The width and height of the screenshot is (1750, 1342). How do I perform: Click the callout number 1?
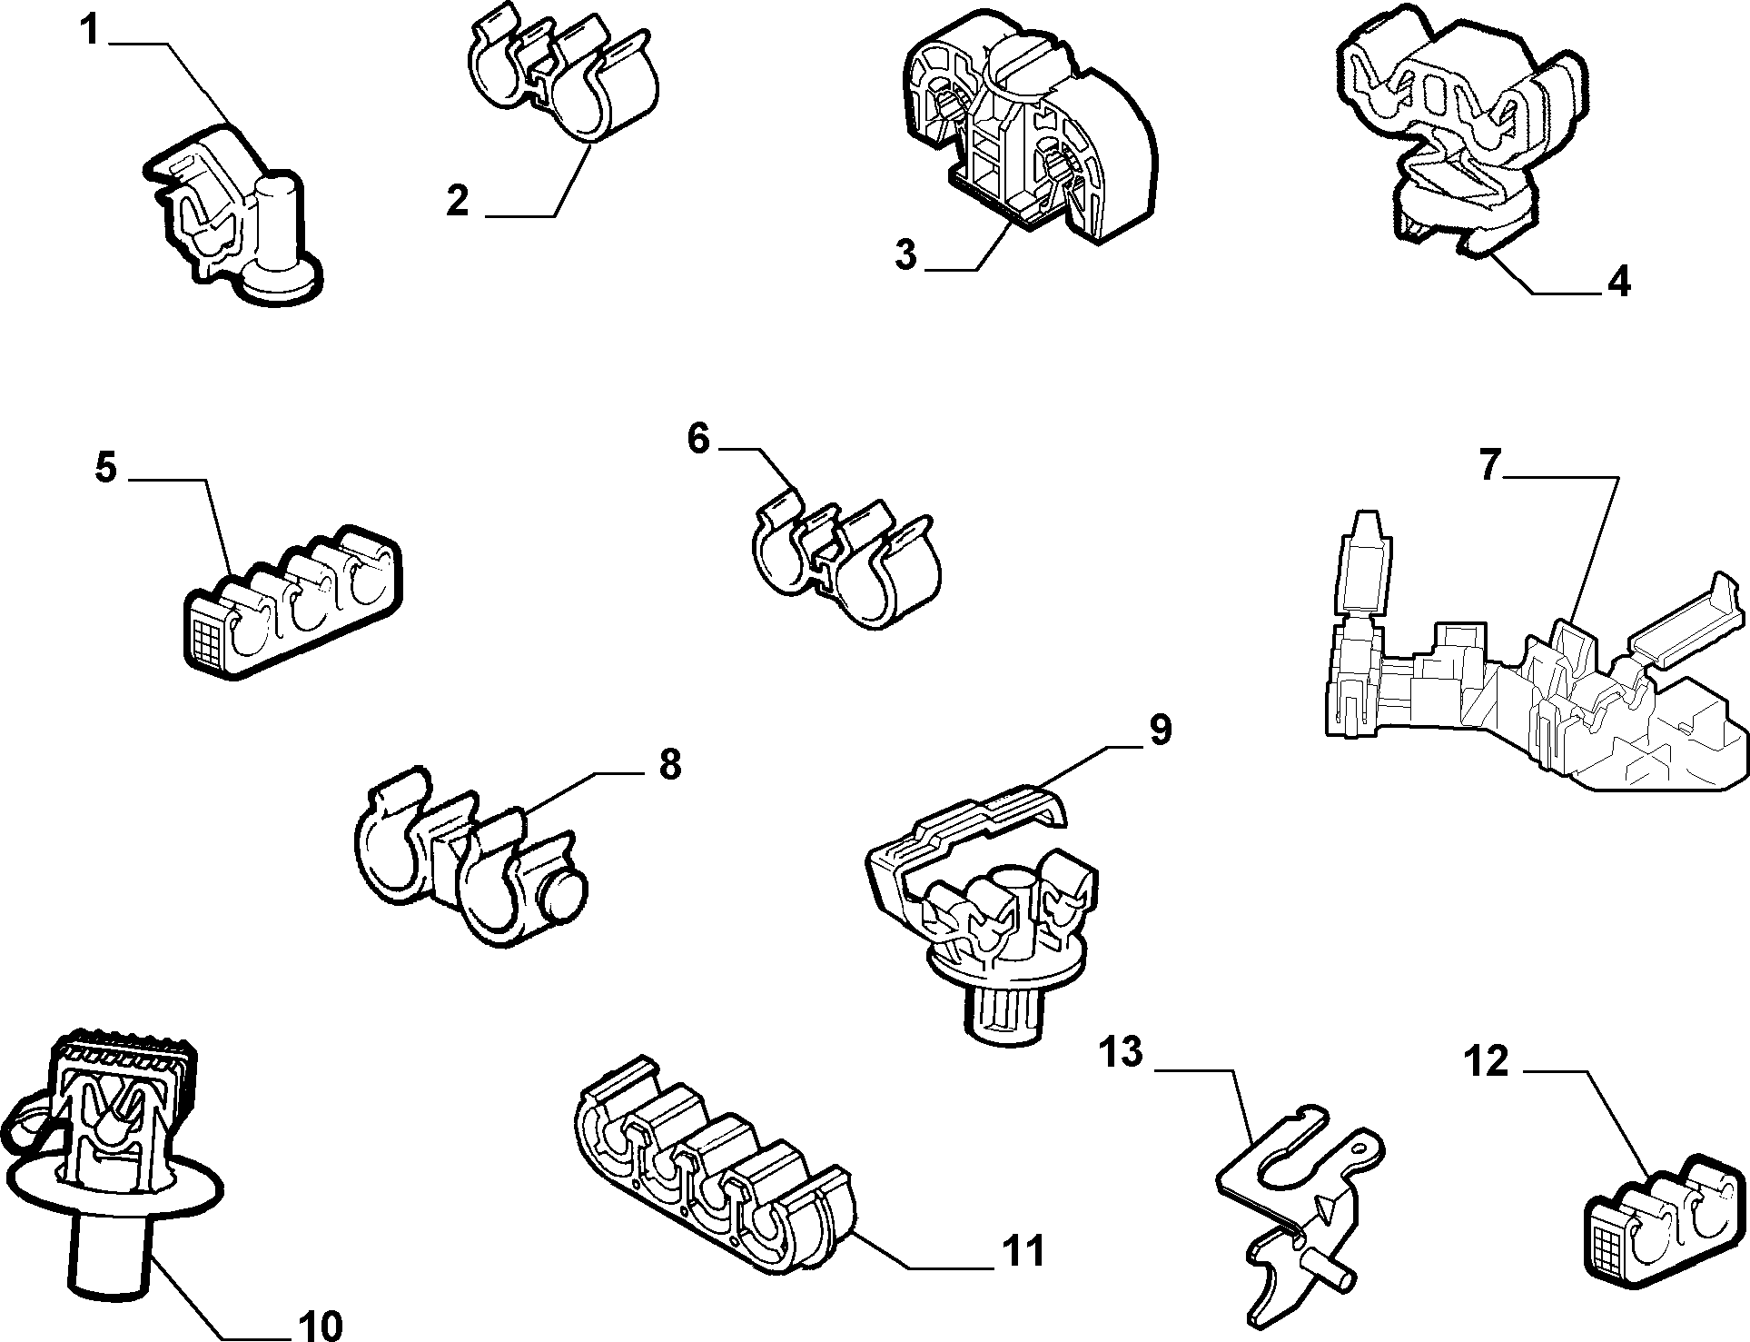[x=89, y=29]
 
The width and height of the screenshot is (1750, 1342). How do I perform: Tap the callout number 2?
[x=458, y=200]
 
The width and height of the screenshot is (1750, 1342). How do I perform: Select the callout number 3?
[x=905, y=253]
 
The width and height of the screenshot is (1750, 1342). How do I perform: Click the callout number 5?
[x=106, y=469]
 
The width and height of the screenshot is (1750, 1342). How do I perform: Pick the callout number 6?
[x=697, y=439]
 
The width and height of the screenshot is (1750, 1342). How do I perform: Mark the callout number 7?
[x=1489, y=465]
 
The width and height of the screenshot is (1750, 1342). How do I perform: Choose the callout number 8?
[x=669, y=764]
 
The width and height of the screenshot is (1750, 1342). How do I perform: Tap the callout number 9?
[x=1160, y=730]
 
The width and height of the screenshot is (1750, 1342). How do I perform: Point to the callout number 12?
[x=1487, y=1061]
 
